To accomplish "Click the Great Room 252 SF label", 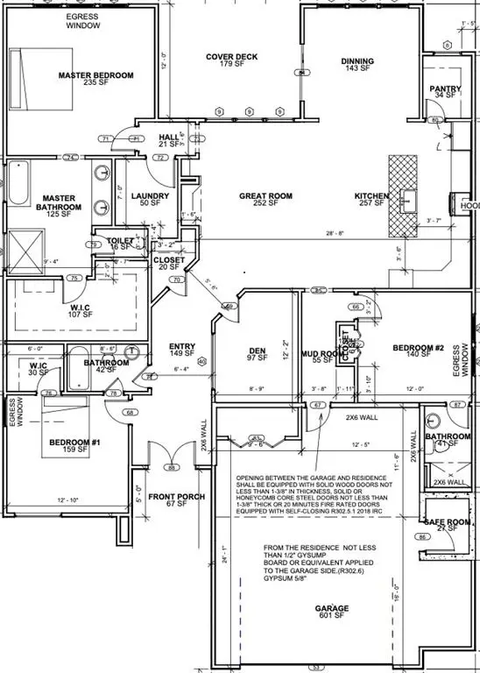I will click(x=265, y=200).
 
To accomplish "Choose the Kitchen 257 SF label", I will click(x=376, y=200).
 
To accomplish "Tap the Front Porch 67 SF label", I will click(x=177, y=501).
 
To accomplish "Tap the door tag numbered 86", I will click(x=424, y=535).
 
